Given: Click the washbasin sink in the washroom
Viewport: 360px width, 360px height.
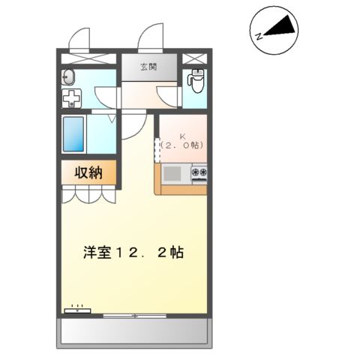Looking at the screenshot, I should coord(68,75).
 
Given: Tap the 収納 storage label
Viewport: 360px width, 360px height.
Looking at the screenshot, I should coord(88,172).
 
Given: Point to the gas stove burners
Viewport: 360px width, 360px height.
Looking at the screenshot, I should coord(199,174).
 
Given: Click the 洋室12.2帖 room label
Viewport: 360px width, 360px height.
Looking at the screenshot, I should coord(133,251).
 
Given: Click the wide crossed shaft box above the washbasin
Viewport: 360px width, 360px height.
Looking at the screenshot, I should coord(88,58).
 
